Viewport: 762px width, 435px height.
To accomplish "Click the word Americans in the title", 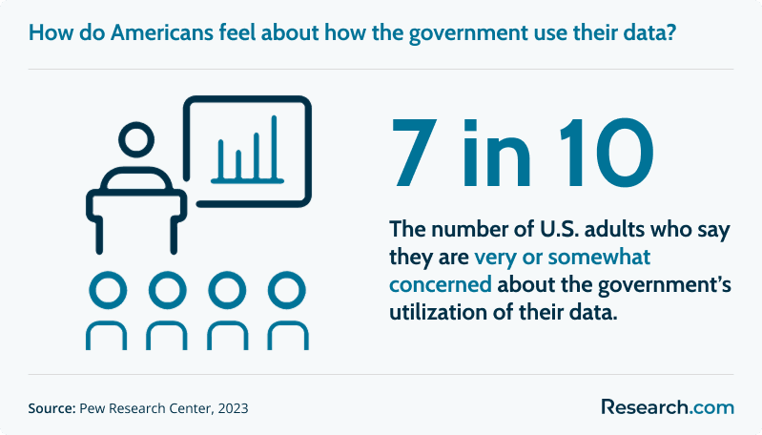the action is pos(162,32).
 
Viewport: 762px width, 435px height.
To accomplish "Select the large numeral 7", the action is pos(412,153).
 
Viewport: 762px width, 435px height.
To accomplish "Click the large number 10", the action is pos(607,153).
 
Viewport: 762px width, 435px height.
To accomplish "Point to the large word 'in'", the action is pos(497,153).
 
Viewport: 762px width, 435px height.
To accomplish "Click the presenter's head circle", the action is pos(136,139).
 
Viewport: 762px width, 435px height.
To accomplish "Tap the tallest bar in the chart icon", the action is pos(274,147).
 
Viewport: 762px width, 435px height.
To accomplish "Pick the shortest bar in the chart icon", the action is pos(238,165).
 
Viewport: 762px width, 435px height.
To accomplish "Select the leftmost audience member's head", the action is pos(108,291).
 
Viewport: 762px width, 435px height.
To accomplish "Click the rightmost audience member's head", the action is pos(287,291).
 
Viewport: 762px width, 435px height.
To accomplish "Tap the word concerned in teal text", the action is pos(441,284).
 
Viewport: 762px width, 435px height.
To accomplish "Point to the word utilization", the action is pos(438,312).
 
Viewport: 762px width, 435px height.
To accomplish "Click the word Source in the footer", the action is pos(51,407).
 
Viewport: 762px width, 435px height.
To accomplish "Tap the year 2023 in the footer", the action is pos(233,407).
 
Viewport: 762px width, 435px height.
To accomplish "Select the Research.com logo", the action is pos(668,406).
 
